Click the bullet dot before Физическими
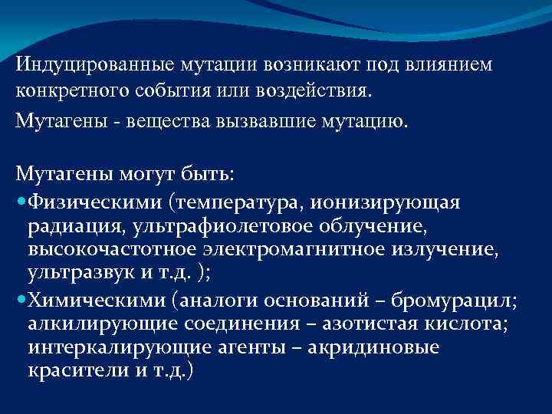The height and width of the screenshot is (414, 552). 20,201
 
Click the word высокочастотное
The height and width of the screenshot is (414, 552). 113,250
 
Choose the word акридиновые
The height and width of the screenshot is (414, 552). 383,347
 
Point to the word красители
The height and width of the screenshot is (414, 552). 71,370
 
